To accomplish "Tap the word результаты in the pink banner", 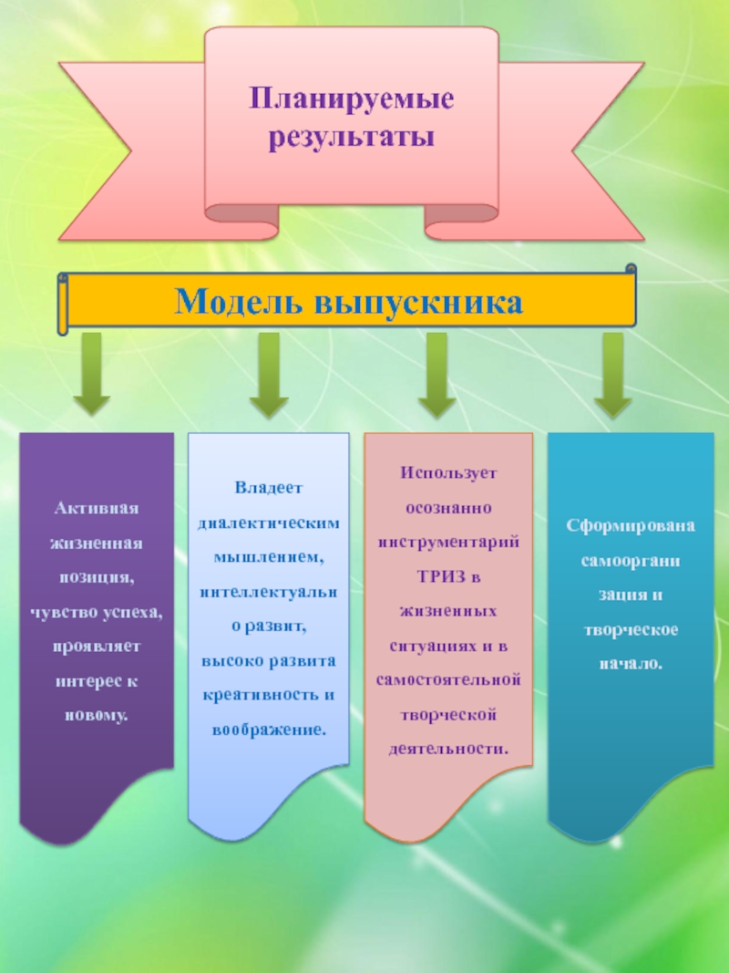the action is (352, 139).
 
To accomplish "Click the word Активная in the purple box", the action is (95, 508).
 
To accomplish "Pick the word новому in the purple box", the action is (95, 715).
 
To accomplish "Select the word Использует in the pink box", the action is (448, 473).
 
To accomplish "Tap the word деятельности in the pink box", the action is (448, 748).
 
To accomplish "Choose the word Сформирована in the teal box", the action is (630, 526).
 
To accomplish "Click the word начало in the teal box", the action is (630, 663).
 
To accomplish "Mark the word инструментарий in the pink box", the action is (448, 542).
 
